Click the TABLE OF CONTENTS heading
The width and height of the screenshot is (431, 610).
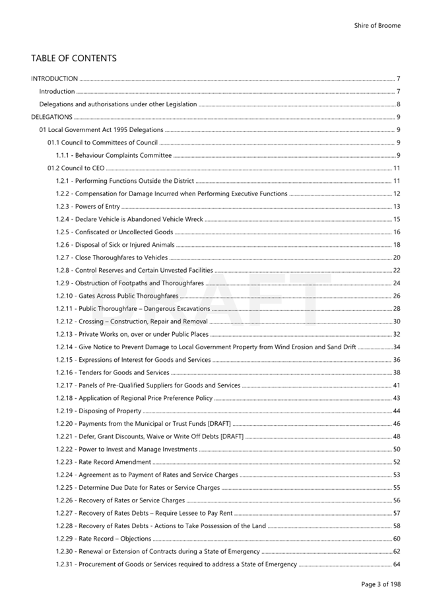tap(73, 58)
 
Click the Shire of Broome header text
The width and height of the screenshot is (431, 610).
tap(377, 26)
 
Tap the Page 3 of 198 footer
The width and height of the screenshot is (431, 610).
tap(380, 584)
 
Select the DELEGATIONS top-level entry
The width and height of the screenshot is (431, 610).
tap(51, 118)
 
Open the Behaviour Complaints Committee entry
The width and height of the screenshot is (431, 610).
tap(114, 156)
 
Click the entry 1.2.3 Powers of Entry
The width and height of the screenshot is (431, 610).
tap(88, 207)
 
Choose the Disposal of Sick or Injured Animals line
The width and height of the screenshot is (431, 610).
tap(115, 245)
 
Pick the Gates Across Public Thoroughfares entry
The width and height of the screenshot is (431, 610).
tap(117, 296)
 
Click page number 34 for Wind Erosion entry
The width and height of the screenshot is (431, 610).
tap(397, 347)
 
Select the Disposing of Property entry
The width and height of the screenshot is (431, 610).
tap(98, 411)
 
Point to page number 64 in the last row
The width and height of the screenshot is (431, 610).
tap(397, 564)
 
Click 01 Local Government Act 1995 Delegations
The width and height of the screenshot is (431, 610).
tap(101, 130)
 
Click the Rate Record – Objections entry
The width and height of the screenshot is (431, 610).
tap(104, 539)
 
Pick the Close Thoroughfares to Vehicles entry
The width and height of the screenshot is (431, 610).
tap(112, 258)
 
